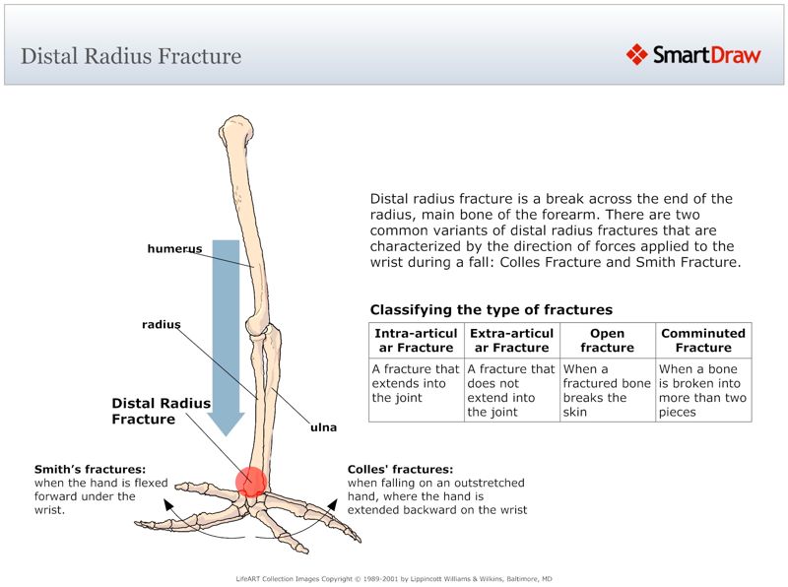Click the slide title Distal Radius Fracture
click(131, 55)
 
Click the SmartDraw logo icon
click(636, 54)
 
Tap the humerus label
click(174, 249)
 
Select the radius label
click(161, 324)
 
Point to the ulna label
click(323, 428)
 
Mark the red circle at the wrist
click(251, 482)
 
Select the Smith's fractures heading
click(90, 470)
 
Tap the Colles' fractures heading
click(400, 470)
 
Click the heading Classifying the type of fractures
click(491, 310)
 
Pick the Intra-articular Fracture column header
click(416, 341)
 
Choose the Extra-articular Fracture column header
click(511, 341)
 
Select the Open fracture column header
click(607, 341)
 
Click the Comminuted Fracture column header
click(703, 341)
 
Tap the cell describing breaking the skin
click(607, 391)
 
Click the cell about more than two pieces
click(703, 391)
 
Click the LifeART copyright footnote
click(394, 578)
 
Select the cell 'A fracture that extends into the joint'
click(416, 384)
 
